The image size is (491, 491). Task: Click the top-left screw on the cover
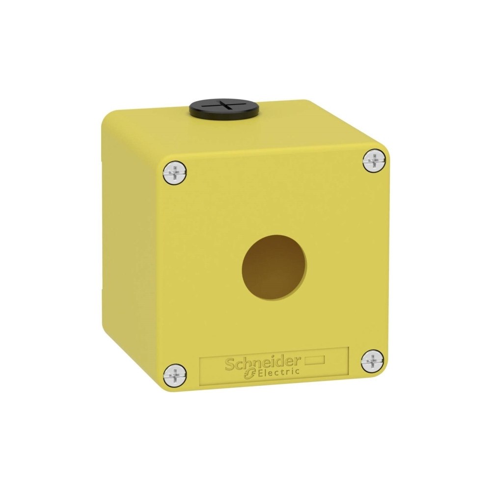175,173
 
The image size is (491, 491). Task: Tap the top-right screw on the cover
375,161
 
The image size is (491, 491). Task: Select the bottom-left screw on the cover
174,375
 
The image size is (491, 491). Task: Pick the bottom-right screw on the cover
372,362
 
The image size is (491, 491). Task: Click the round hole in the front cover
274,267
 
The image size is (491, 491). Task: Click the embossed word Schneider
263,363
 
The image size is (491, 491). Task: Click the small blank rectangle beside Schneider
315,361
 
